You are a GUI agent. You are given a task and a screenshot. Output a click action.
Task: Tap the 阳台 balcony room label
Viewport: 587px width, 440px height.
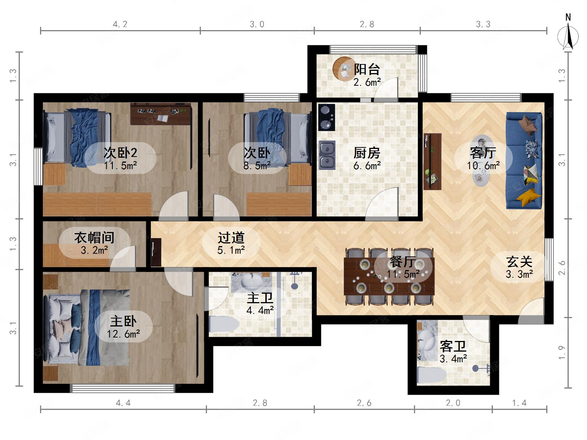(367, 69)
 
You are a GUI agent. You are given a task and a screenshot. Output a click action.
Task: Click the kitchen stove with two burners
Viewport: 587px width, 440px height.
(326, 117)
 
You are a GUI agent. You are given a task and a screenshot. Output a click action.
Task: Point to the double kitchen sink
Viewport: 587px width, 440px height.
(327, 155)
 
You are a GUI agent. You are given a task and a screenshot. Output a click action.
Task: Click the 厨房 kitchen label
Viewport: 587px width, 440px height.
(367, 153)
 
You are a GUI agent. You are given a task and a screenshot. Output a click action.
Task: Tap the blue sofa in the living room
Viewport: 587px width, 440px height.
(524, 160)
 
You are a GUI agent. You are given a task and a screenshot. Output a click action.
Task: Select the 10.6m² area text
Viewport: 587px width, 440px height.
(483, 166)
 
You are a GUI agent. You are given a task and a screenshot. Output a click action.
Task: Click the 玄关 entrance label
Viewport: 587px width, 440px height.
(519, 262)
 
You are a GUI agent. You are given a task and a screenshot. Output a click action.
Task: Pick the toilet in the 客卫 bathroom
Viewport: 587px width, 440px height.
(431, 375)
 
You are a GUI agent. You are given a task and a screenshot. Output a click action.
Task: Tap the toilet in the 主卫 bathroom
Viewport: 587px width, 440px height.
(224, 325)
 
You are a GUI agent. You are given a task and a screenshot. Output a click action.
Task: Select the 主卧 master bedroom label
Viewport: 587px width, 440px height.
(123, 321)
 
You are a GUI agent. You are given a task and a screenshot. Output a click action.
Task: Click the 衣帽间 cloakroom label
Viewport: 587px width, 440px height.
(94, 237)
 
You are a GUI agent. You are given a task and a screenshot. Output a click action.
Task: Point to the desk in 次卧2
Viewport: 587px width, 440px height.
(160, 114)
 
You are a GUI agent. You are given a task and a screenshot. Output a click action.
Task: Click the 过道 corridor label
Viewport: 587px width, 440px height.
(231, 238)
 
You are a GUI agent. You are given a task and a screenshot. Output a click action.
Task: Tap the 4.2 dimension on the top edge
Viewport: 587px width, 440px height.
(120, 24)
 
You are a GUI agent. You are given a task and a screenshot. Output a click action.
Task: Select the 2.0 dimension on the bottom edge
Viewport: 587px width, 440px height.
(453, 403)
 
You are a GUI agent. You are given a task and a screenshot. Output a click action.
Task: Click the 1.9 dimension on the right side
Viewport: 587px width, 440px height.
(562, 352)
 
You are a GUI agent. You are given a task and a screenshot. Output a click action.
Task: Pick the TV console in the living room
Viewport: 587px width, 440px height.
(432, 162)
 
